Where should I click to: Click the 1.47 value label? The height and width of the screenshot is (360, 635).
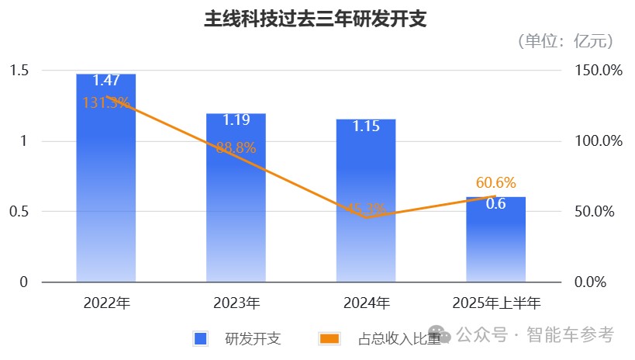pos(105,80)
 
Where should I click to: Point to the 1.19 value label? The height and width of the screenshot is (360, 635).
pos(236,120)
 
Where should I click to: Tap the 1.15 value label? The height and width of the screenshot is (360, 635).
pos(366,126)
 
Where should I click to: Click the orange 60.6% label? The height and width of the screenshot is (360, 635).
pos(496,183)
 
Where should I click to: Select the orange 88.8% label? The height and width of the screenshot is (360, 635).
pos(236,148)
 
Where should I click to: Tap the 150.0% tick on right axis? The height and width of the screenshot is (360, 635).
pos(598,71)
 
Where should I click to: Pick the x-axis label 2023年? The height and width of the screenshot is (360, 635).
pos(236,303)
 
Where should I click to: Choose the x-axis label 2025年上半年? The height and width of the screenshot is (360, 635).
pos(496,303)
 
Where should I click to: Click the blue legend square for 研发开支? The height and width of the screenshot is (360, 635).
pos(200,338)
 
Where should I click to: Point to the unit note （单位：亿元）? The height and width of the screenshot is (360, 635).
pos(565,41)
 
